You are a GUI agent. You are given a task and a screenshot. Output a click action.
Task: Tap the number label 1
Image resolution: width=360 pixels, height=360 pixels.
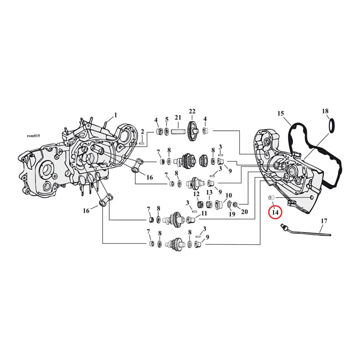coord(116,115)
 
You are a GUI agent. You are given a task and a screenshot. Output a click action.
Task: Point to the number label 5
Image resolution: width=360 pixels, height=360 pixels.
coord(166,120)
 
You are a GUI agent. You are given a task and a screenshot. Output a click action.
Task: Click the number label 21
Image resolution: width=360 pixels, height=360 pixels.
coord(178,117)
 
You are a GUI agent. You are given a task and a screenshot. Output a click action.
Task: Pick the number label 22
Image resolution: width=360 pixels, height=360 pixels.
coord(192,111)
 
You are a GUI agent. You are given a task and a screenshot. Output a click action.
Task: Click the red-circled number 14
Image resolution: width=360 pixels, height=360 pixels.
coord(275,212)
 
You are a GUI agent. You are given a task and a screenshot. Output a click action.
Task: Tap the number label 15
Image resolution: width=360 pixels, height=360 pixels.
coord(281,114)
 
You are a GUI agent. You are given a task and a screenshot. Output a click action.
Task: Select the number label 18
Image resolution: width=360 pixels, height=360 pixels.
coord(325,111)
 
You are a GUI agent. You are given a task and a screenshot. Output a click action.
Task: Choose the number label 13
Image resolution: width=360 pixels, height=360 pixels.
coord(209,193)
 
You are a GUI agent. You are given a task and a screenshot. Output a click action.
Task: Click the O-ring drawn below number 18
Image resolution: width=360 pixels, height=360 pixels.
coord(331,127)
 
